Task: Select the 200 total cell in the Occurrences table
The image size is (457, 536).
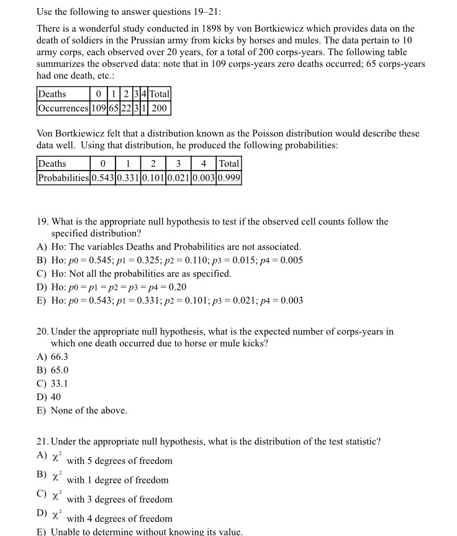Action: pos(159,108)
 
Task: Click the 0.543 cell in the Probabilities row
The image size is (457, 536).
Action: pos(103,178)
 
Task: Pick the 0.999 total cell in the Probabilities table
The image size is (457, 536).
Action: pos(229,178)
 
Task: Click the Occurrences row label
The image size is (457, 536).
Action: pos(63,108)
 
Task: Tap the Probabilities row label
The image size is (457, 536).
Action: pos(64,178)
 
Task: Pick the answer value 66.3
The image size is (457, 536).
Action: pos(60,357)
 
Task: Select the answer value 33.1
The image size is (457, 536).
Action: pos(60,383)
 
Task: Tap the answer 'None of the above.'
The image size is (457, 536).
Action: pos(89,410)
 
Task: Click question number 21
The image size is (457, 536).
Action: pos(43,441)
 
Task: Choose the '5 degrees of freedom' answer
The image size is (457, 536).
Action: pos(119,461)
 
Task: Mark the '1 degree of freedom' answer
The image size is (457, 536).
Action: pos(117,480)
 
